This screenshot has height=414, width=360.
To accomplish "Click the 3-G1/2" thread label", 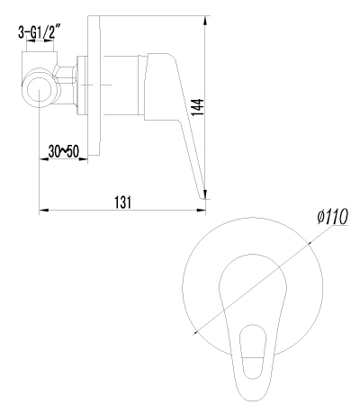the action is tap(38, 32).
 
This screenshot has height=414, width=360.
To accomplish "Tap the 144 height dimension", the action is tap(198, 107).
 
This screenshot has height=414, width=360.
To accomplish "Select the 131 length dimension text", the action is tap(123, 202).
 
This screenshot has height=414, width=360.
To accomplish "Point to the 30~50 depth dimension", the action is tap(63, 151).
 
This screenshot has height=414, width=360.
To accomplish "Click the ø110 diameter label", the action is tap(332, 216).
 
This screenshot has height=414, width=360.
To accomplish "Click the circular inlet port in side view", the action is tap(40, 90).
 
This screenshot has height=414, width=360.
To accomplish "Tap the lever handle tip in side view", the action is tap(202, 196).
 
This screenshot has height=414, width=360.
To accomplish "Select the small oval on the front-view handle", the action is tap(253, 352).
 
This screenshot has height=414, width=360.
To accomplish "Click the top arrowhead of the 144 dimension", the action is tap(205, 21).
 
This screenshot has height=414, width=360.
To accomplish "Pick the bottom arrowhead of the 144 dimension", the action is tap(205, 193).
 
